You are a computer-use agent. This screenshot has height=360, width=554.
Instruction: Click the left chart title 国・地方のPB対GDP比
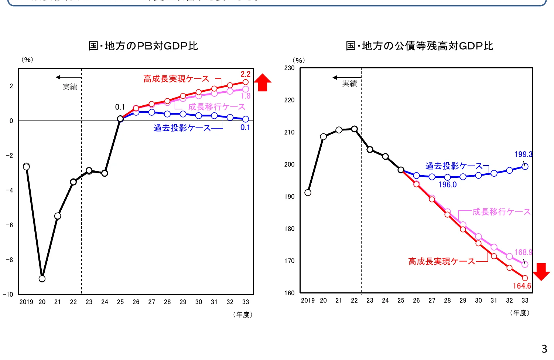pos(143,46)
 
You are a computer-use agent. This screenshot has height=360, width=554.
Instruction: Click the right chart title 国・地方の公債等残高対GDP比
pos(419,46)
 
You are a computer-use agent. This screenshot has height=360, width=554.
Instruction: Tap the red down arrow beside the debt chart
pos(541,271)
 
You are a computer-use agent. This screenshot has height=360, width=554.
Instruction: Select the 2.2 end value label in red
pos(245,74)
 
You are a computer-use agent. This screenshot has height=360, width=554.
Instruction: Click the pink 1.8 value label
pos(246,96)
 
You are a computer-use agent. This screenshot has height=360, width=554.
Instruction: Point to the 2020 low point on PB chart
pos(42,279)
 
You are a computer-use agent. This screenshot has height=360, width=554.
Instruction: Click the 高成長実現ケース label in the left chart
pos(176,79)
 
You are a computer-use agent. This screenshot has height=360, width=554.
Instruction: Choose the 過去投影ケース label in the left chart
pos(182,128)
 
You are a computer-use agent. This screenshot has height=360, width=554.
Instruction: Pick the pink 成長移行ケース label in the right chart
pos(501,212)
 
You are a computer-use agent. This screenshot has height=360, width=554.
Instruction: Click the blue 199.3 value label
pos(523,154)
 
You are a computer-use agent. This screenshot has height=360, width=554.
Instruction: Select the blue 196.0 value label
pos(447,185)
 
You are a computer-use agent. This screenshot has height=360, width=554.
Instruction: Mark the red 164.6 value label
pos(521,286)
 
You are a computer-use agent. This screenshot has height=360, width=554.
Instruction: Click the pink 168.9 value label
pos(523,252)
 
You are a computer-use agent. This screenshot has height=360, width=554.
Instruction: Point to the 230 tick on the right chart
pos(290,68)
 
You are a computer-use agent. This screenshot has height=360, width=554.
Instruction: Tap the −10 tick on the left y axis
pos(8,295)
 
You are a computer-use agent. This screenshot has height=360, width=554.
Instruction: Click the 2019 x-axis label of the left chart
pos(26,302)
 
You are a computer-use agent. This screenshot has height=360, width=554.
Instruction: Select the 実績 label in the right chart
pos(349,84)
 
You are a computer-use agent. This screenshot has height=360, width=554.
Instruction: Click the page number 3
pos(544,349)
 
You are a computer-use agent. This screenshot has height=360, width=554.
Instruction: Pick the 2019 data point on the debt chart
pos(308,193)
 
